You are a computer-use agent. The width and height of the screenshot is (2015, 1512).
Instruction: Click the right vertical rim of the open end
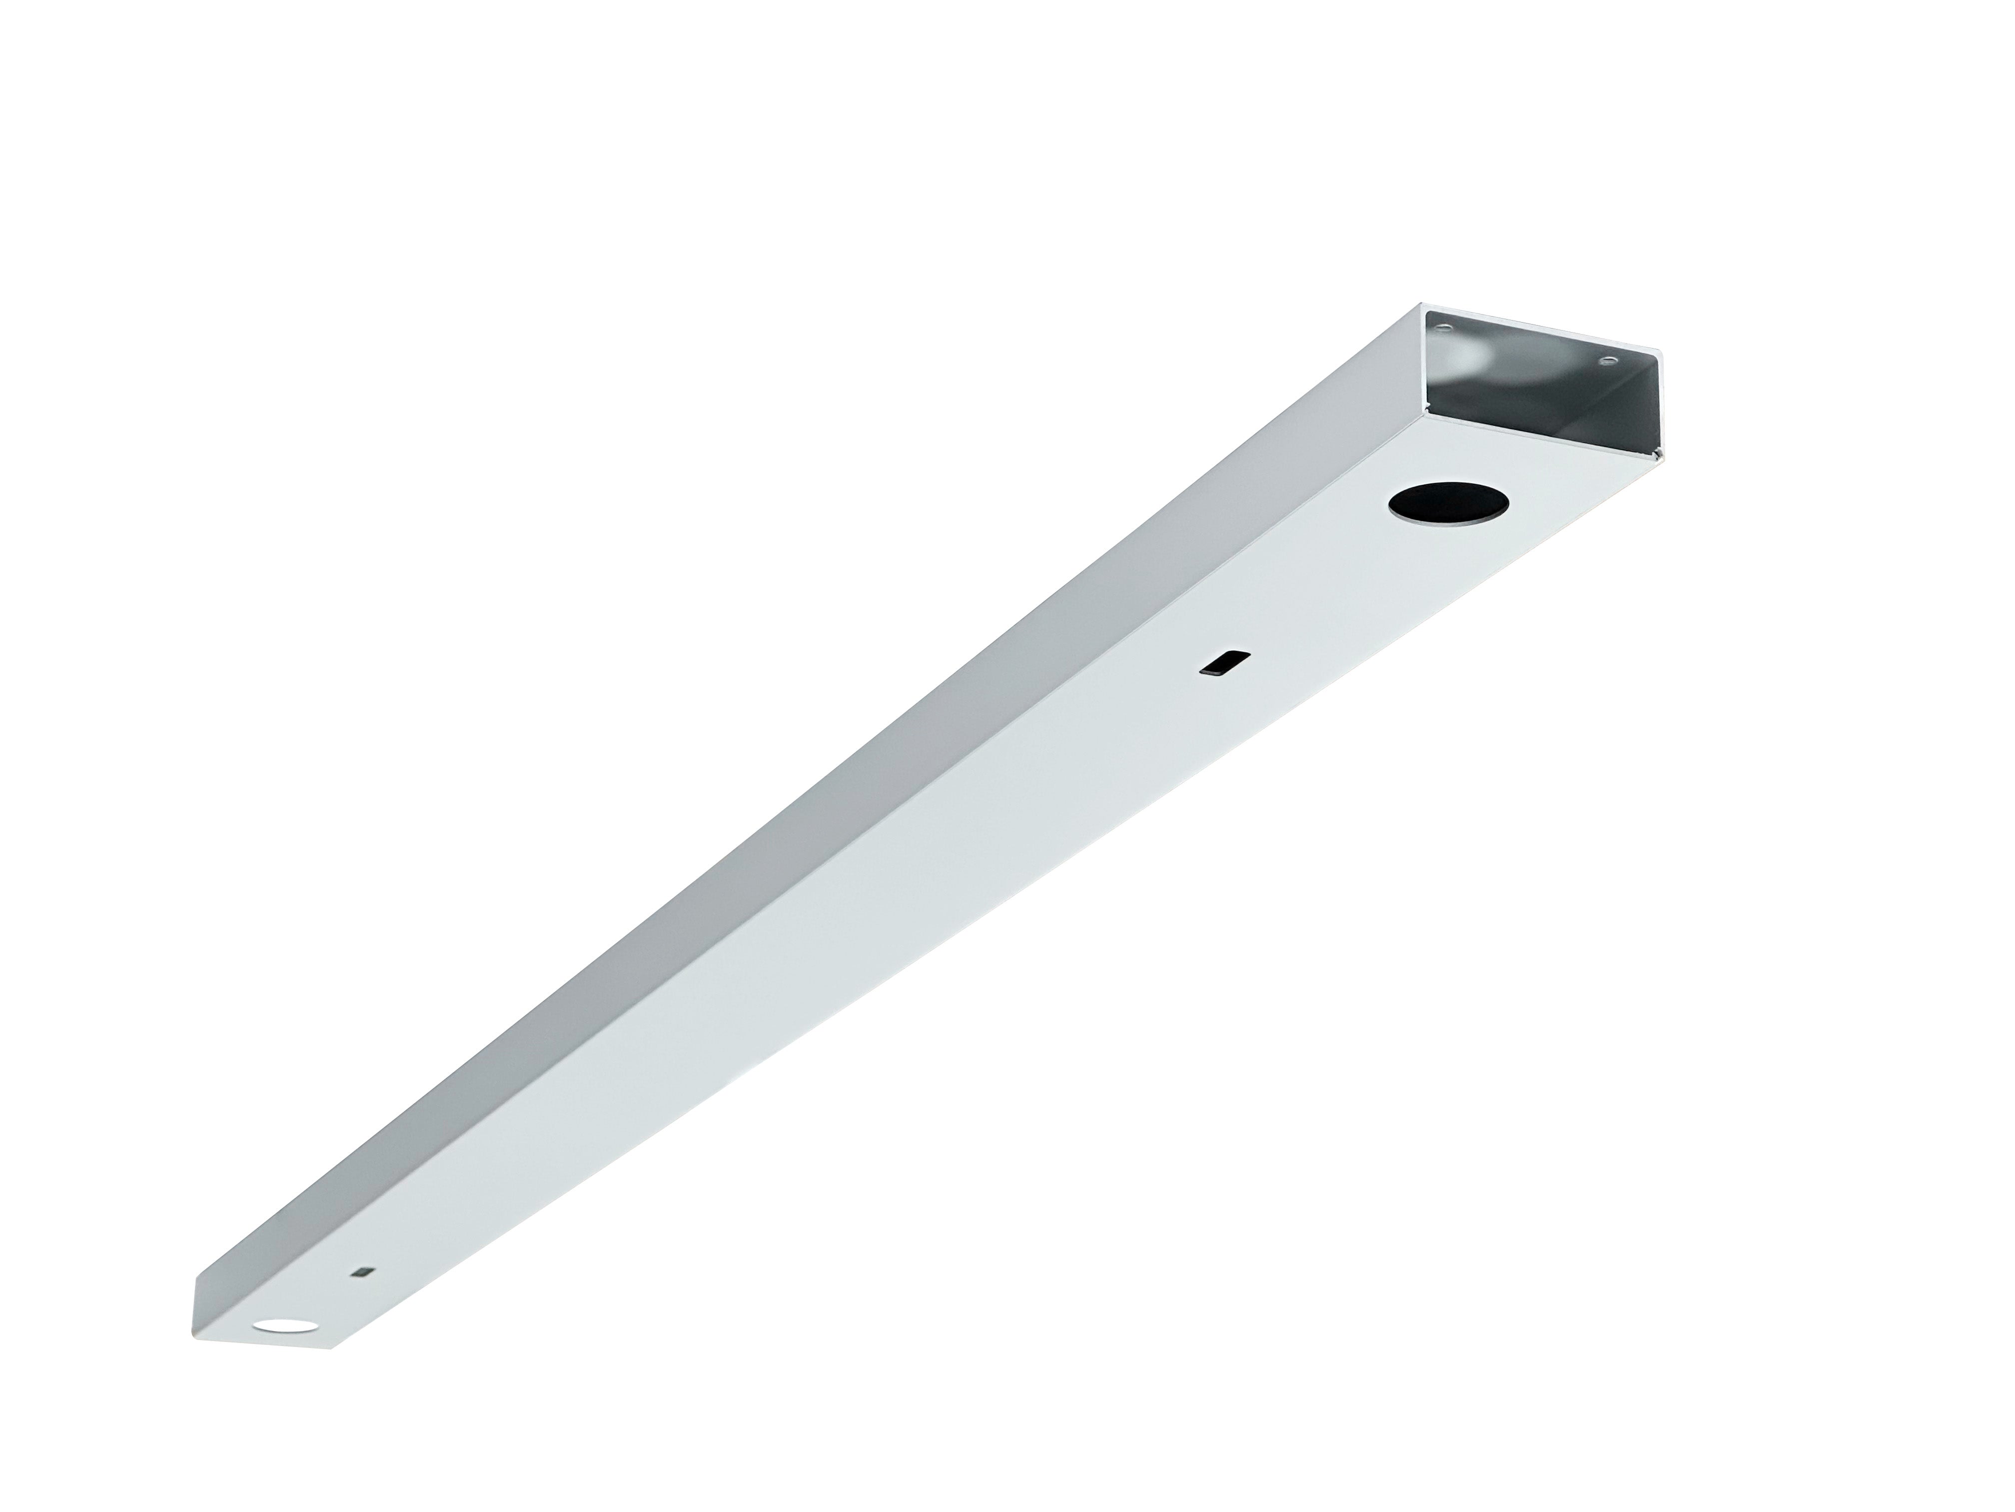pyautogui.click(x=1663, y=401)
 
